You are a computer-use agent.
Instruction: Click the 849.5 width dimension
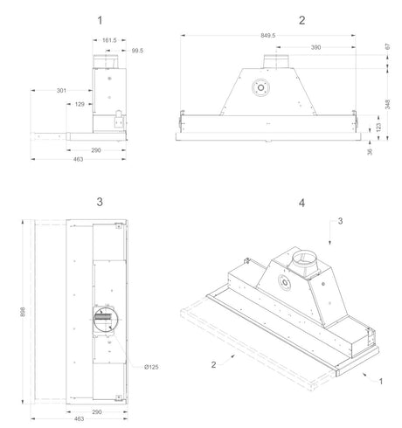point(267,36)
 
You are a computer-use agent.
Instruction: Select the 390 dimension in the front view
point(315,47)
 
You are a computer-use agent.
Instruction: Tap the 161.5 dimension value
point(109,40)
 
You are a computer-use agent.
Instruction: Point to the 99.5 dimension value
point(137,51)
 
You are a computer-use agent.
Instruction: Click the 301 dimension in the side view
point(61,91)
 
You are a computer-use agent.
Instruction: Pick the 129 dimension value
point(80,104)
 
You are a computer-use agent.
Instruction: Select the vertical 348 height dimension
point(387,104)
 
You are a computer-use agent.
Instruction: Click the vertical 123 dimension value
point(378,127)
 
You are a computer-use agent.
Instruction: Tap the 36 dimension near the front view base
point(370,152)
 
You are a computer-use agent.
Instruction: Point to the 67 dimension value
point(387,46)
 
